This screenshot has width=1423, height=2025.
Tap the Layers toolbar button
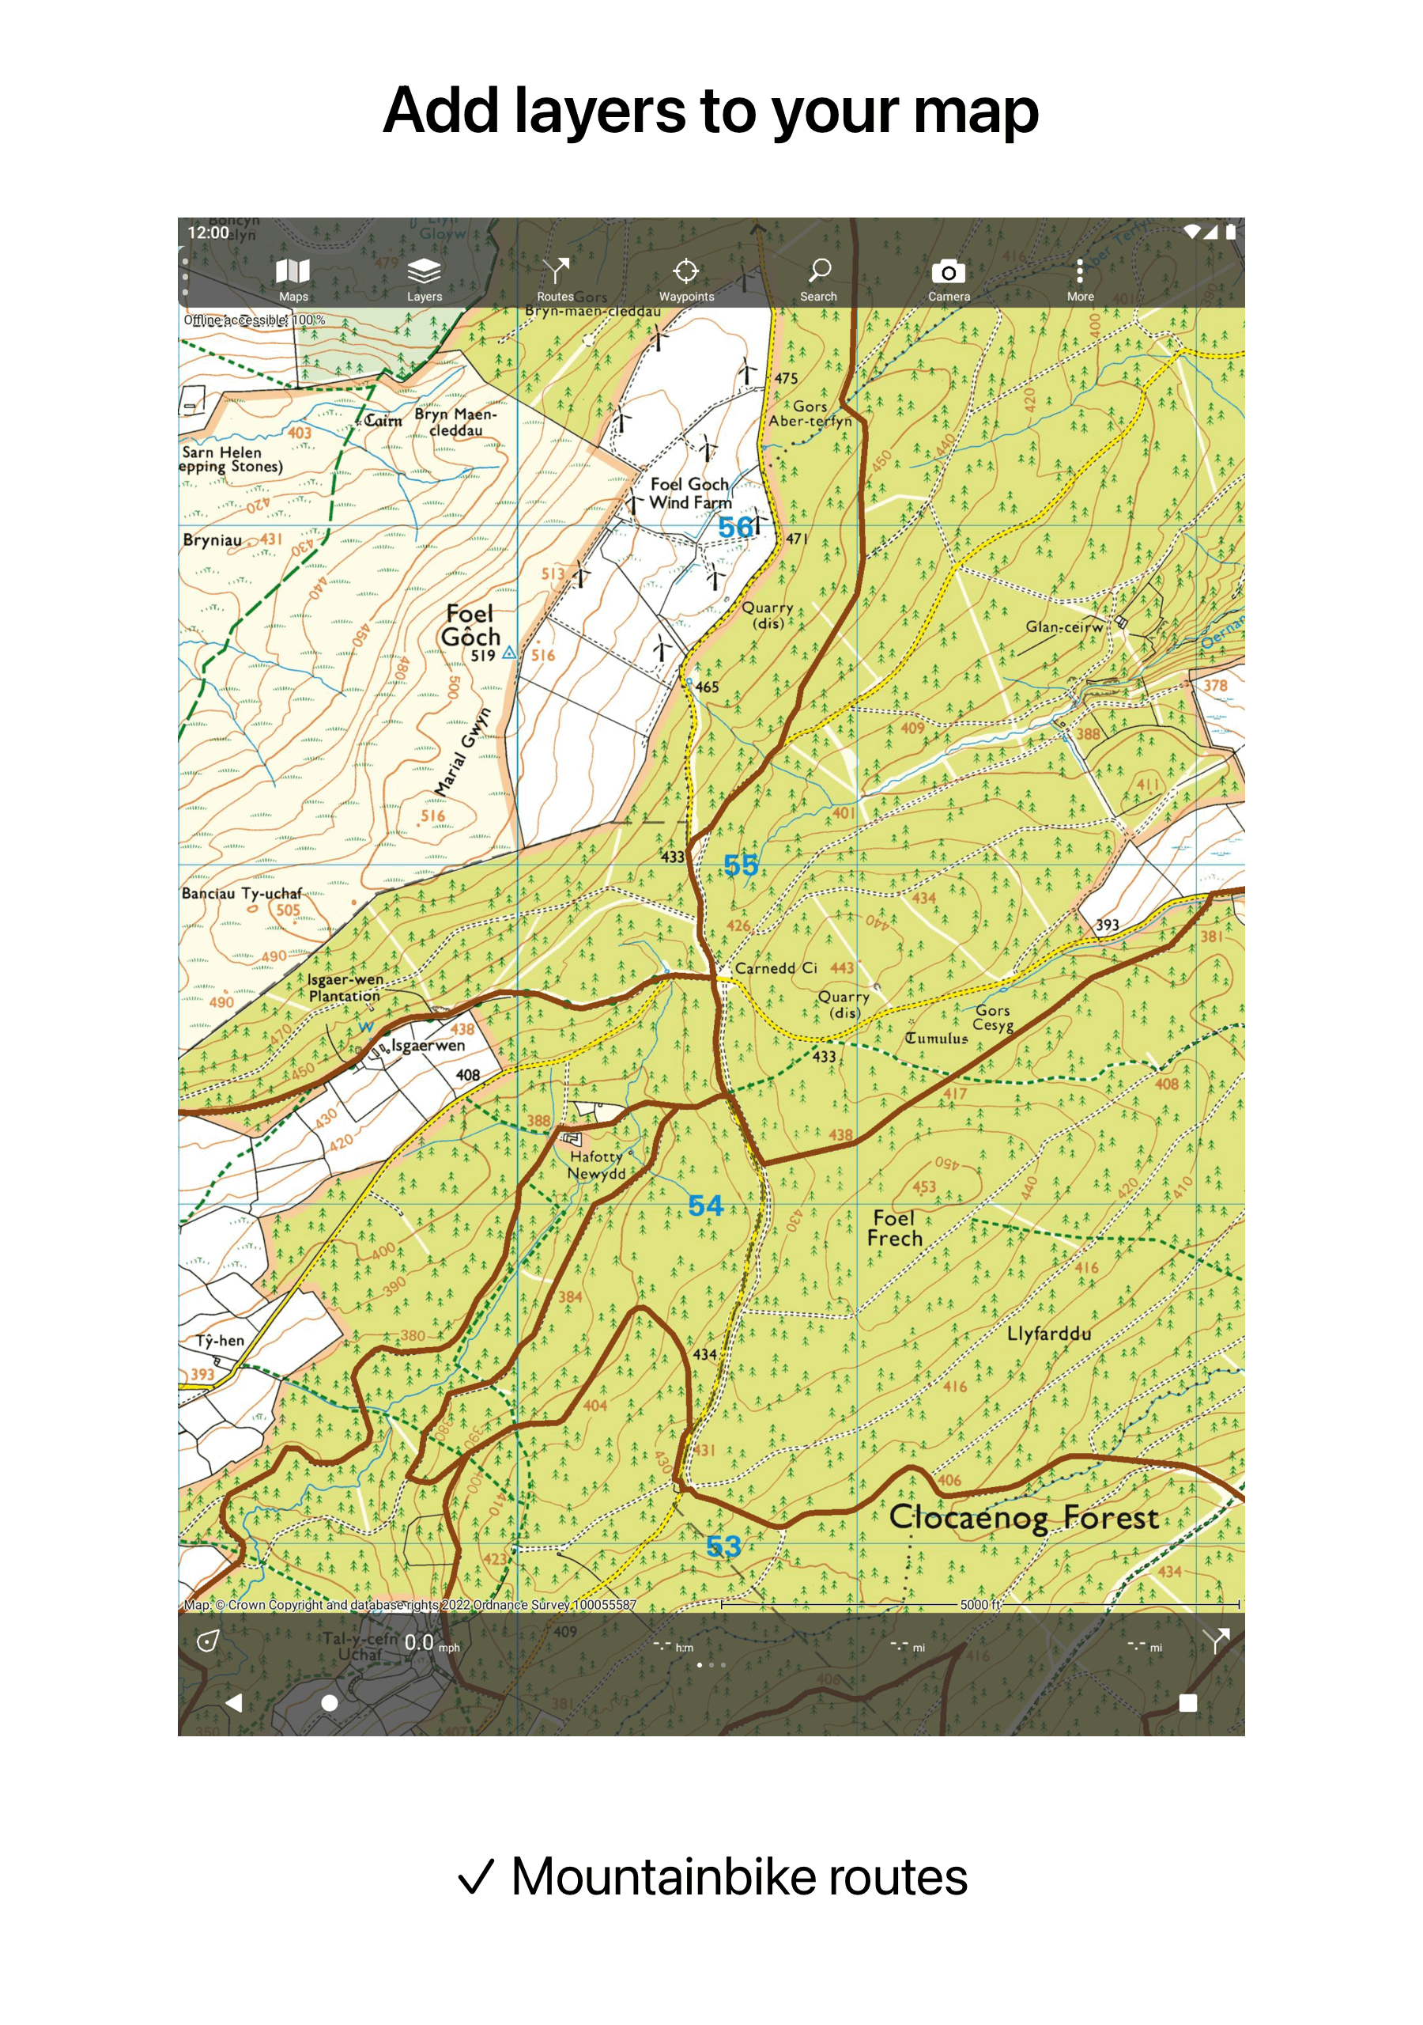[424, 278]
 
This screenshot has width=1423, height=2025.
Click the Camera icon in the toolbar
[948, 278]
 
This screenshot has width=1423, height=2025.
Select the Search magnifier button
[818, 278]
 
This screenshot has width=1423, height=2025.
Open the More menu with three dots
[1079, 278]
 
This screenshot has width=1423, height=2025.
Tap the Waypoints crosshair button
[686, 278]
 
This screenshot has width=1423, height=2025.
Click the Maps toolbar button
[293, 278]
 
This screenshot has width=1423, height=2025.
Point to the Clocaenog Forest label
[1023, 1518]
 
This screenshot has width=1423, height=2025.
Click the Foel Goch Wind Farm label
[690, 493]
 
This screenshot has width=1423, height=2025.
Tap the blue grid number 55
[741, 865]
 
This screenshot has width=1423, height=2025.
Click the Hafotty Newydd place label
[597, 1164]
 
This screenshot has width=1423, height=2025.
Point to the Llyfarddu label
[1048, 1334]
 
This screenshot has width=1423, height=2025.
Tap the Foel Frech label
[894, 1228]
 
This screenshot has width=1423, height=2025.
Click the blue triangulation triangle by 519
[508, 653]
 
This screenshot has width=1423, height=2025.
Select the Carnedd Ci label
[775, 967]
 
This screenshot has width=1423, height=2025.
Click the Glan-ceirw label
[1063, 627]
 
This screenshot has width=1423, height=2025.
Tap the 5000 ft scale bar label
[979, 1604]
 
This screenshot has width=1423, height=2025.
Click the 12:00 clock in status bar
[208, 233]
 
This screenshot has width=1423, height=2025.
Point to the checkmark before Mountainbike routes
[476, 1878]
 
